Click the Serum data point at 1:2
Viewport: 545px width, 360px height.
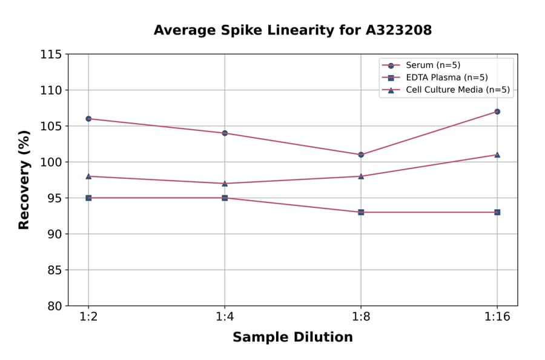point(88,119)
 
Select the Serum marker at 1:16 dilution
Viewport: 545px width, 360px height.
point(497,112)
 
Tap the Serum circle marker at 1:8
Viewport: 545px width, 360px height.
point(361,155)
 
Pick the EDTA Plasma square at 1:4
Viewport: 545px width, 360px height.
point(225,198)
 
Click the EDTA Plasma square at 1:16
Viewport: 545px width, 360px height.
point(497,212)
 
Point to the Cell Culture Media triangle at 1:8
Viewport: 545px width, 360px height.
point(361,176)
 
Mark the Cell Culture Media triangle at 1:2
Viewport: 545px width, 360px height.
point(88,176)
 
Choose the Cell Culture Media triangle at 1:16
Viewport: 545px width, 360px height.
point(497,155)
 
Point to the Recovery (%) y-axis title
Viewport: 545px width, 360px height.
point(24,180)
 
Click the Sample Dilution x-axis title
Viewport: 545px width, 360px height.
point(292,337)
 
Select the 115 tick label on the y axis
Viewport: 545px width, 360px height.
point(51,55)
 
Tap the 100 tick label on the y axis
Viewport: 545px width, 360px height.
point(51,162)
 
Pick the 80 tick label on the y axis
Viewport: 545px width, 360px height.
point(54,306)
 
